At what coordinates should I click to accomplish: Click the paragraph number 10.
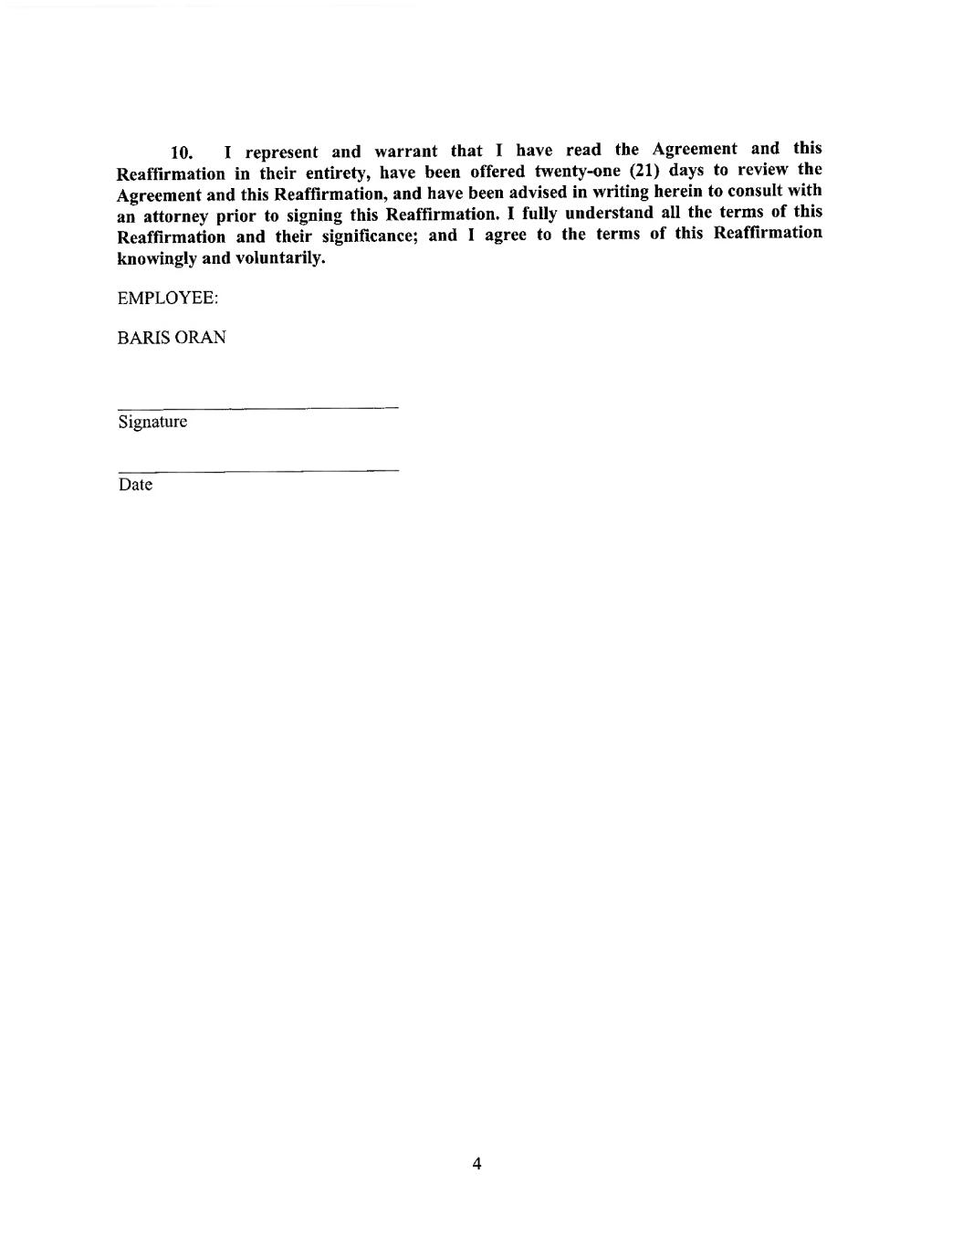(182, 152)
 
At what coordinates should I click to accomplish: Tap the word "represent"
(281, 152)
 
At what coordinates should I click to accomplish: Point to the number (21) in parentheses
(644, 170)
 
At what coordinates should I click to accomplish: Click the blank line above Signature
(258, 406)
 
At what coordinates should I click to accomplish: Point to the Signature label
(152, 422)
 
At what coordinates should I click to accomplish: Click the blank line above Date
(258, 470)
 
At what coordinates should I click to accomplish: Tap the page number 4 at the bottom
(476, 1163)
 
